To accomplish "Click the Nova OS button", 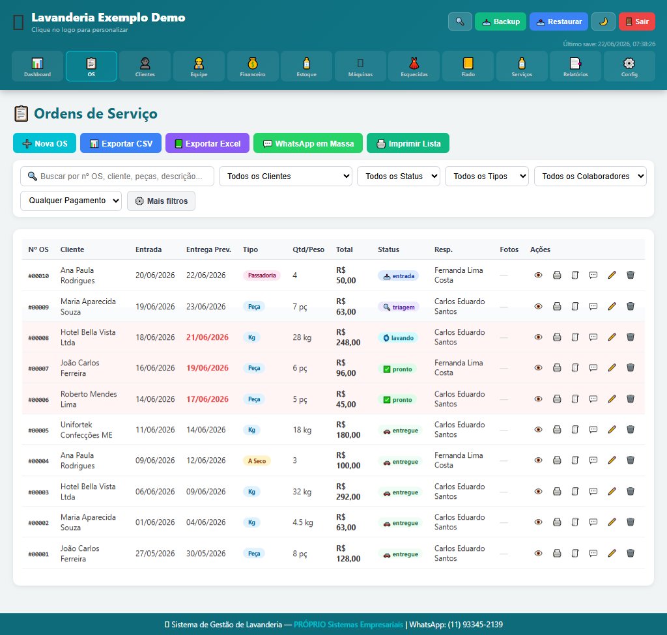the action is point(45,143).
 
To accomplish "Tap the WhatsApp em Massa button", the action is point(308,143).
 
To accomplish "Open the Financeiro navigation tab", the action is point(253,66).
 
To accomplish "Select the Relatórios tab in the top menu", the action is point(576,66).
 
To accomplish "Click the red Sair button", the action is point(637,21).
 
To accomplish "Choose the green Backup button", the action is point(500,21).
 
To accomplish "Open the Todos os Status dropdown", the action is point(399,176).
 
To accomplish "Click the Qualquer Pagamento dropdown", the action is point(71,201).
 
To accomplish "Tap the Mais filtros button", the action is point(162,201).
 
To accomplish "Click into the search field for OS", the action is point(117,176).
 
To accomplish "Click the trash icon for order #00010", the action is point(631,275).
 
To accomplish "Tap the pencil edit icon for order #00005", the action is point(612,430).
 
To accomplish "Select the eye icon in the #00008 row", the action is point(538,337).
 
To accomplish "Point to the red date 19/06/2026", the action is point(208,368).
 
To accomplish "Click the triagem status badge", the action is point(399,307).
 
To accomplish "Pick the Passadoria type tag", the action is point(262,275).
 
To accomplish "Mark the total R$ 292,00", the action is point(348,491).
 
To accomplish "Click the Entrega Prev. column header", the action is point(208,249).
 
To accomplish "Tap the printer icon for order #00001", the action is point(557,554).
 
